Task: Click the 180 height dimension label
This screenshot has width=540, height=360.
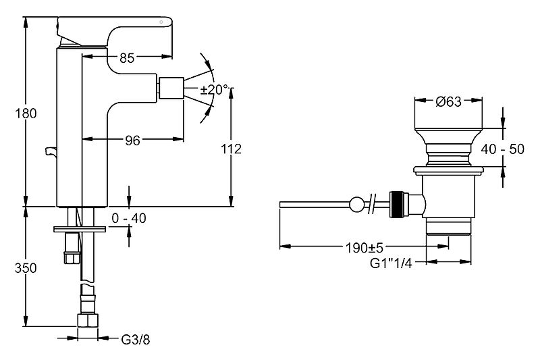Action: tap(26, 113)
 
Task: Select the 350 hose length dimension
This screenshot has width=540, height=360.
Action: tap(26, 267)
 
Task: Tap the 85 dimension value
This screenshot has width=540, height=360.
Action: tap(127, 58)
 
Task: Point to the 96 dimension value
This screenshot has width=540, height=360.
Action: tap(132, 140)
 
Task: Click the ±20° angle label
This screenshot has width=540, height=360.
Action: tap(215, 90)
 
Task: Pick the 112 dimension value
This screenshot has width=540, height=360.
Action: tap(231, 149)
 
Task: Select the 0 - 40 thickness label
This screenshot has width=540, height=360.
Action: tap(129, 218)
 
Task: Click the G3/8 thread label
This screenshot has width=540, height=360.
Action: tap(136, 340)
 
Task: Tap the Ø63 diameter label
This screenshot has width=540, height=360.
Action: tap(448, 101)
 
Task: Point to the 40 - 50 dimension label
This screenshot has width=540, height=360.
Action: tap(502, 149)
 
